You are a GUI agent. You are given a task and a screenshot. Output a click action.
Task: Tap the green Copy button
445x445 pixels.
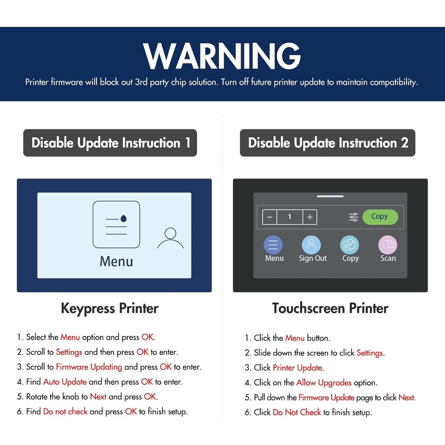click(380, 217)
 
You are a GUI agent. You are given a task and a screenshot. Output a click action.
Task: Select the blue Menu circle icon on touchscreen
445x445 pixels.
click(273, 245)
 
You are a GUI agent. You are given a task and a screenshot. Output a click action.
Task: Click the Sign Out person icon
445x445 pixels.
click(311, 245)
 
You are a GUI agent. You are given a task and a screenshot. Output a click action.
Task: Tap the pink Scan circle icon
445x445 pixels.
click(388, 245)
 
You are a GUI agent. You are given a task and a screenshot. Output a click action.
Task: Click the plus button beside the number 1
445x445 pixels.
click(310, 217)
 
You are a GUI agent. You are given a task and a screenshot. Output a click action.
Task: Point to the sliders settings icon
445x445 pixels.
click(353, 217)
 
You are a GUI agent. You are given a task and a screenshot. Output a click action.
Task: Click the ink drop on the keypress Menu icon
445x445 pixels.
click(123, 218)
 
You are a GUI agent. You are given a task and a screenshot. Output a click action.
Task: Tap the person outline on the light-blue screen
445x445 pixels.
click(170, 238)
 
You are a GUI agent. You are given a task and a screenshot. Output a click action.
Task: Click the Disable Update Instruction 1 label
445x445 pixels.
click(110, 143)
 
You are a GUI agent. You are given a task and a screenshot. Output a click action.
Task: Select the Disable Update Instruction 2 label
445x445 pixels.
click(327, 143)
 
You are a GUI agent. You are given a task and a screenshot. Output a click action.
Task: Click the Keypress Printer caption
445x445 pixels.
click(110, 308)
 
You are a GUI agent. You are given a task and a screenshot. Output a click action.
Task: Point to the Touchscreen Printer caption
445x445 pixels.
click(330, 308)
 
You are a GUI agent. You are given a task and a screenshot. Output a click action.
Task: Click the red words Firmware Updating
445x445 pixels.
click(89, 367)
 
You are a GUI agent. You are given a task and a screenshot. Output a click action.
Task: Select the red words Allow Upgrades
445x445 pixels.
click(324, 383)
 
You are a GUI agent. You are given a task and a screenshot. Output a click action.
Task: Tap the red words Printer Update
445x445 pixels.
click(297, 368)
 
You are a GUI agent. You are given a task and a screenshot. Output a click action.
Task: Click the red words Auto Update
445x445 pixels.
click(65, 382)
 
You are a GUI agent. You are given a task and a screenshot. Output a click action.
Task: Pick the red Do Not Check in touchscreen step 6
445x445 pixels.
click(297, 412)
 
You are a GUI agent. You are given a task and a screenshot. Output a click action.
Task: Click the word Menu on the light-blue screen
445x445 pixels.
click(116, 261)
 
